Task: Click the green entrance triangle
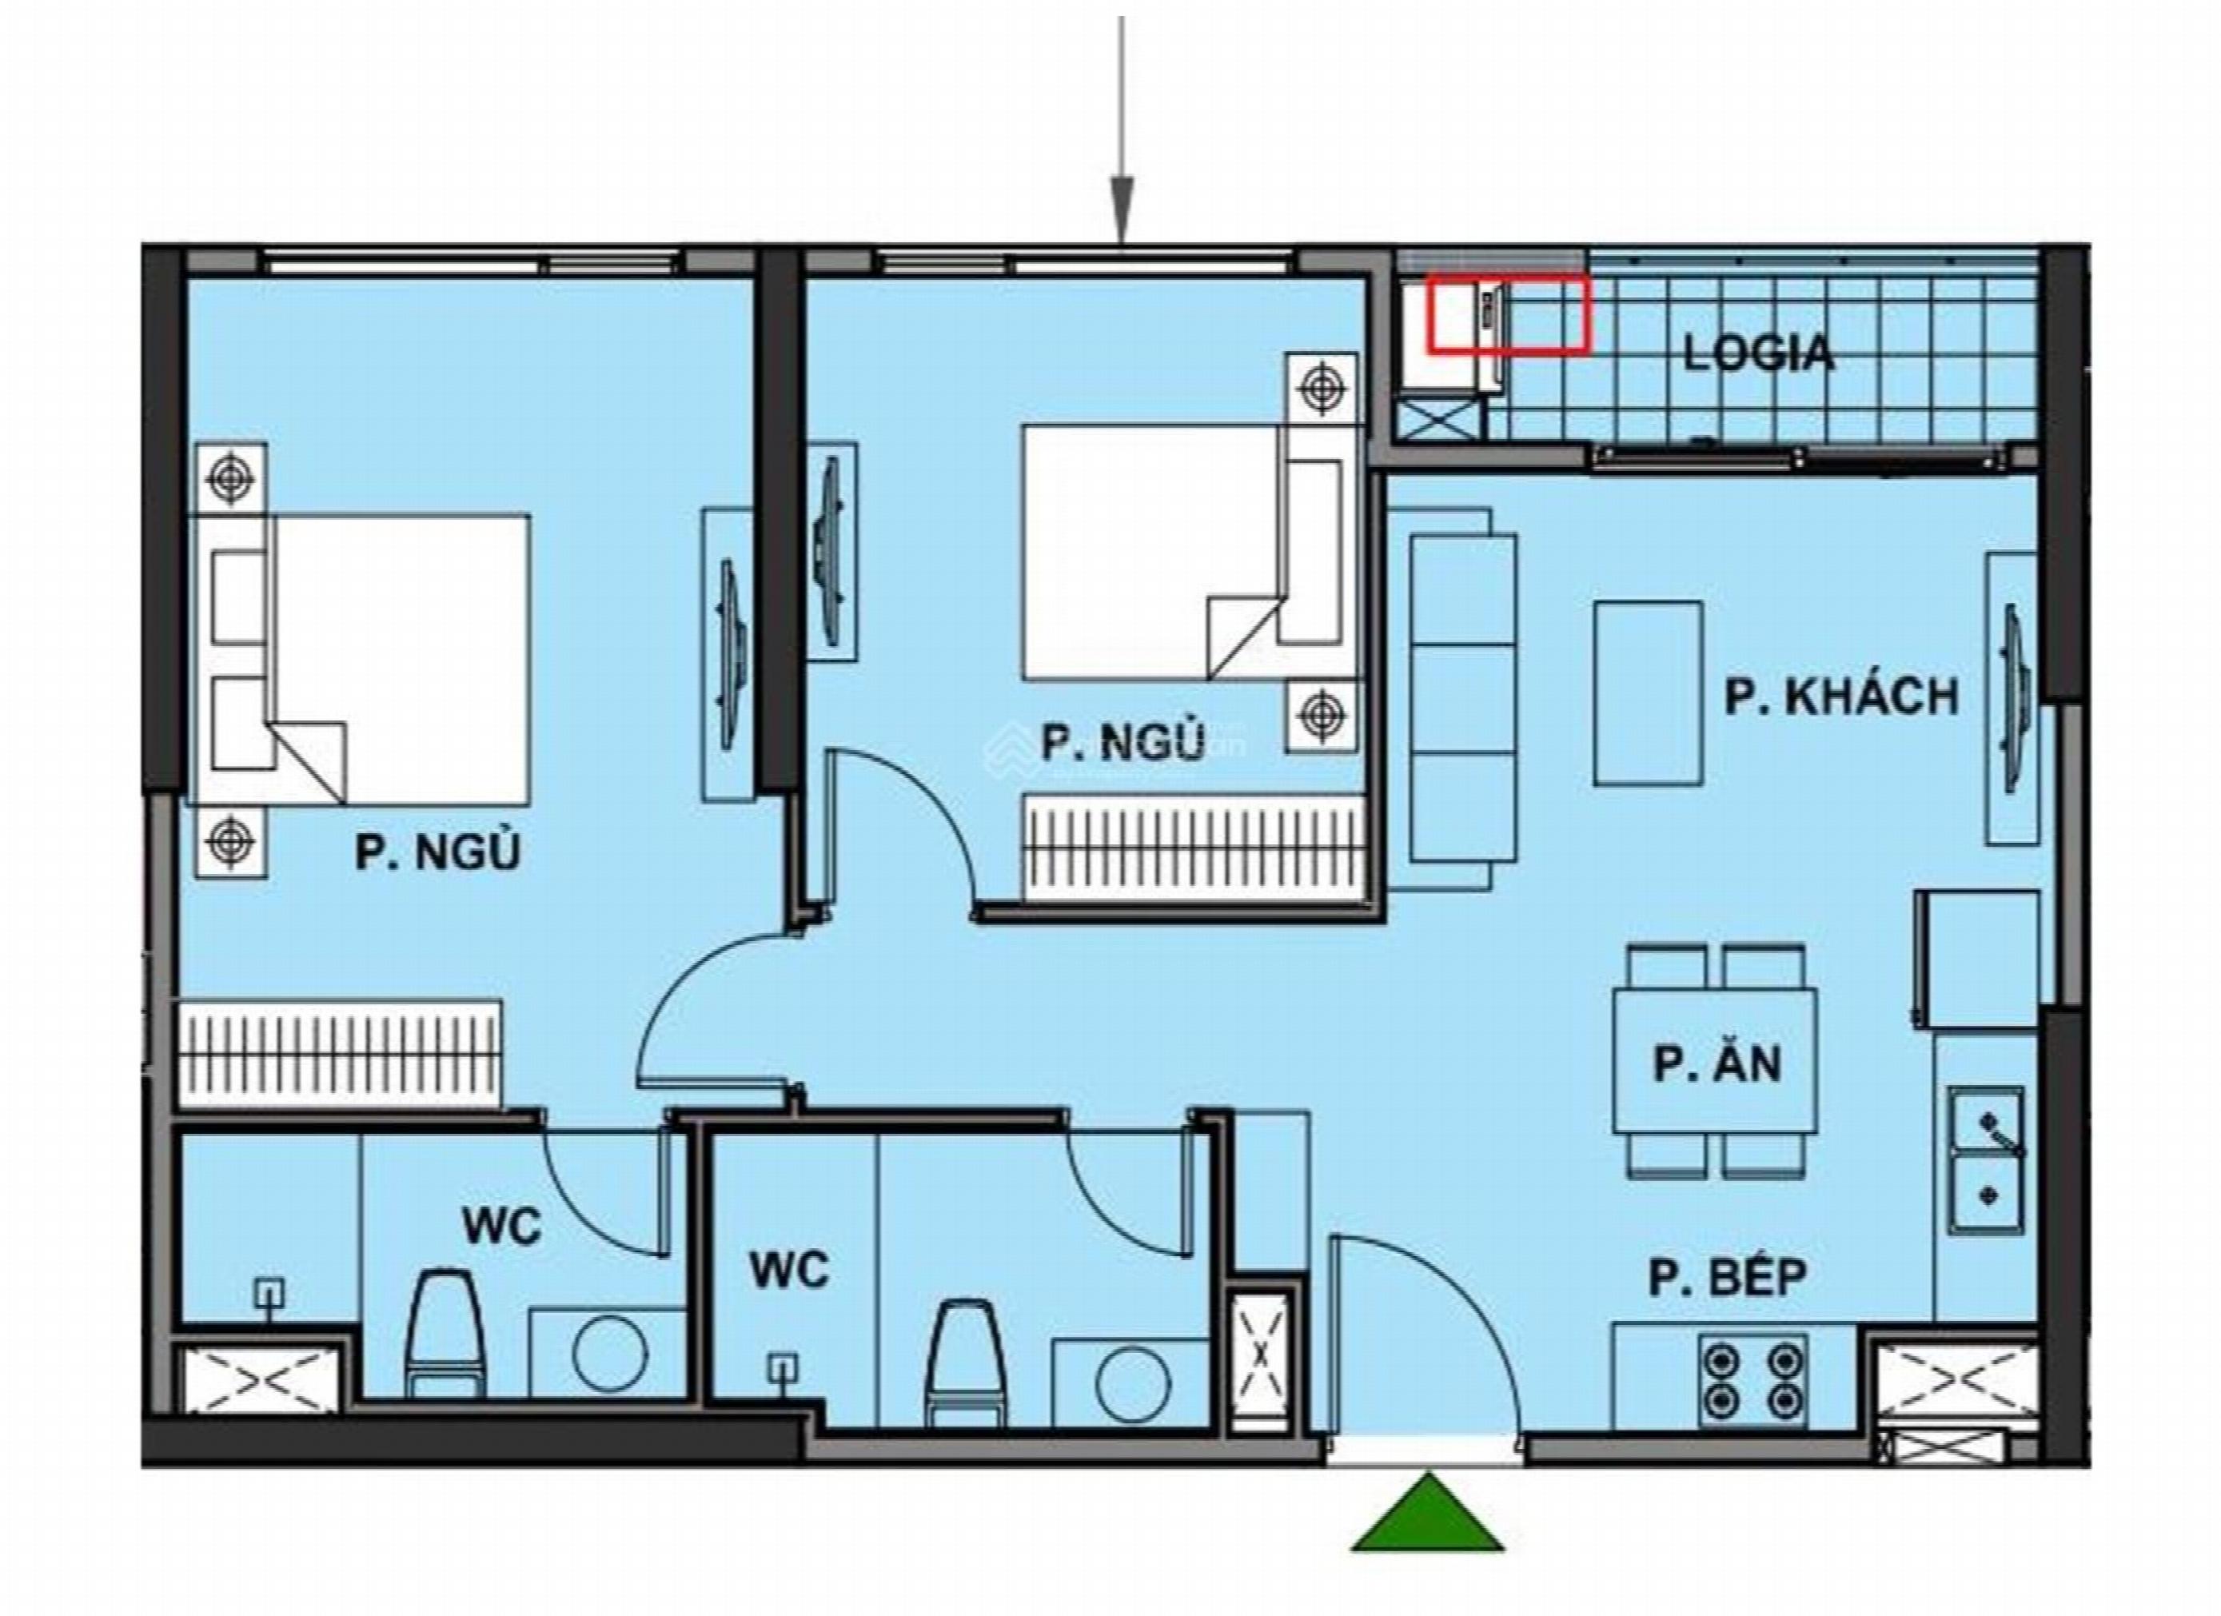coord(1428,1520)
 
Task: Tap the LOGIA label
coord(1759,353)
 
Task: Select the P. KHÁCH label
coord(1842,697)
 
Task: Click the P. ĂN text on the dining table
coord(1717,1064)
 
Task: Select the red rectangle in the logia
coord(1506,313)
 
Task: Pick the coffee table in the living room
coord(1647,693)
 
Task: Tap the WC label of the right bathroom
coord(789,1271)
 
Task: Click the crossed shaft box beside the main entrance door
coord(1262,1354)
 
